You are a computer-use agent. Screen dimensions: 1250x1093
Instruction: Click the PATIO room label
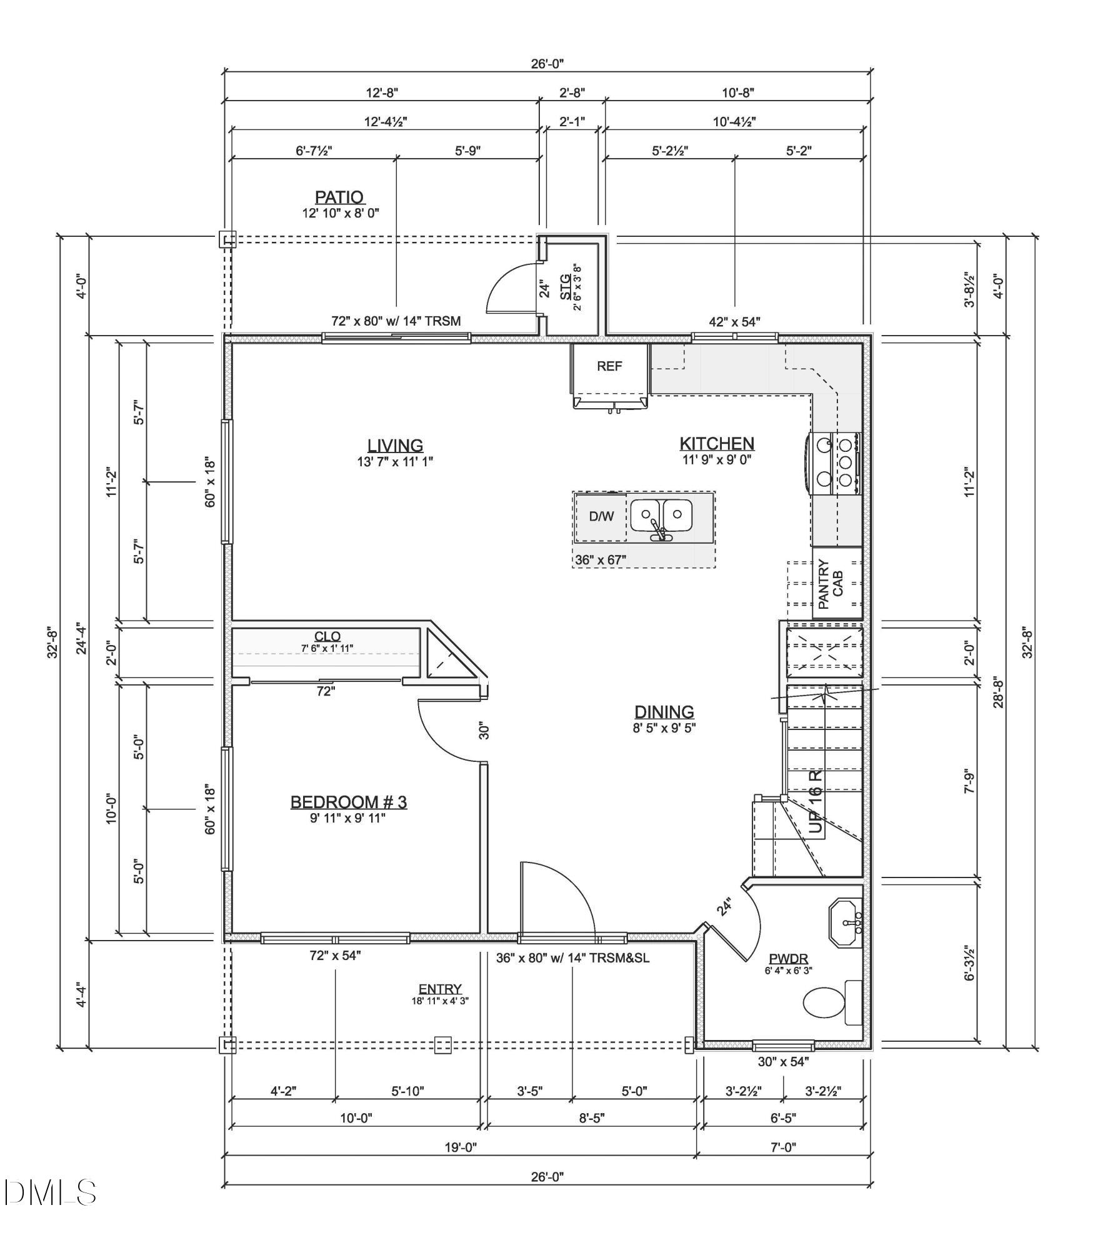click(339, 197)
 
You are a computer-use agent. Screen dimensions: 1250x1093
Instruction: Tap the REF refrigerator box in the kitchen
click(609, 367)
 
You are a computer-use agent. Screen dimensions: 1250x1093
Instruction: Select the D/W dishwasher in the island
click(601, 516)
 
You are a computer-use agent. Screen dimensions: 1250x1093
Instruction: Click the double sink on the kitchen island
click(661, 516)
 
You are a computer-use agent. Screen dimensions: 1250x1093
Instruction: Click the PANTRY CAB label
click(831, 584)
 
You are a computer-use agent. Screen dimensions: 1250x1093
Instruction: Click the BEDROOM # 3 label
click(348, 802)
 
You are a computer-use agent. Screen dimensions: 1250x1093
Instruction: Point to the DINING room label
click(664, 712)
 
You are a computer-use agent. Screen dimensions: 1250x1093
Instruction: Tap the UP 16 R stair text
click(816, 801)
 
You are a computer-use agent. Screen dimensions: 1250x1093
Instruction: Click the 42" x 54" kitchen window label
click(734, 322)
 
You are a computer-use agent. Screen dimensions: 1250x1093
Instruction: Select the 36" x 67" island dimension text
click(601, 559)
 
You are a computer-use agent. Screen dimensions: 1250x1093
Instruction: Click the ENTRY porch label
click(440, 989)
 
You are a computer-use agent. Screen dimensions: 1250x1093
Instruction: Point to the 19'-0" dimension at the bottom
click(461, 1147)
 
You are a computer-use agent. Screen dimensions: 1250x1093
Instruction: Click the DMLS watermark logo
click(50, 1192)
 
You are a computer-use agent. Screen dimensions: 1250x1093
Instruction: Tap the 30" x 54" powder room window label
click(783, 1061)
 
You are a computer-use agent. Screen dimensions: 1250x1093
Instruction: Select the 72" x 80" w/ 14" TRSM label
click(396, 321)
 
